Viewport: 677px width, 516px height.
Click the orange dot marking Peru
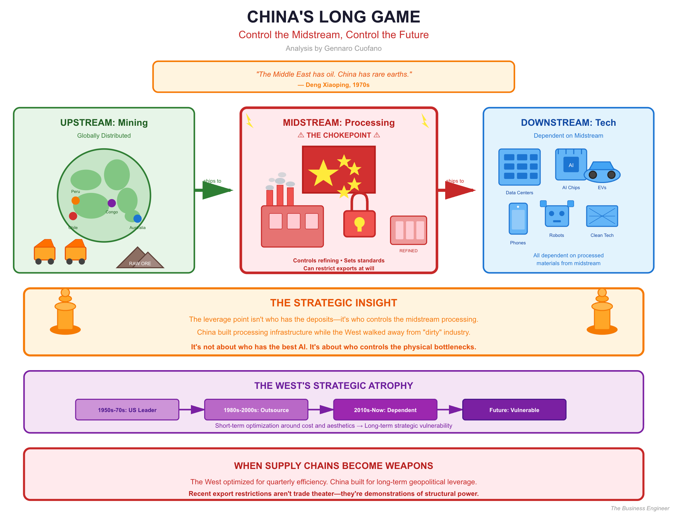(x=76, y=200)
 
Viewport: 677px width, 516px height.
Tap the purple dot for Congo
(x=111, y=203)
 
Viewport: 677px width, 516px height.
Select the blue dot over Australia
(x=137, y=218)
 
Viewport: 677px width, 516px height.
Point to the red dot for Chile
(x=73, y=216)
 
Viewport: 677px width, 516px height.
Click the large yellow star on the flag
(x=322, y=173)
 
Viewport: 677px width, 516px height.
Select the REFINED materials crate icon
(x=408, y=230)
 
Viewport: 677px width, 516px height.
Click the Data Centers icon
(x=519, y=167)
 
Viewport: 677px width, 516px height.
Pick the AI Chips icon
(x=571, y=165)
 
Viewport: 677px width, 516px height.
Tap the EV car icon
(x=602, y=171)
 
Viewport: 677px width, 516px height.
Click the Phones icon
(x=518, y=219)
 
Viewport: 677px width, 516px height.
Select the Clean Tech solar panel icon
(x=602, y=216)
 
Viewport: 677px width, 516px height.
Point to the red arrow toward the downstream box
(x=457, y=190)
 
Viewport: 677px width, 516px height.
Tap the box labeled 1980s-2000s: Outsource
(x=256, y=410)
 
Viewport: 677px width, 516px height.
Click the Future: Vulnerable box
(x=514, y=410)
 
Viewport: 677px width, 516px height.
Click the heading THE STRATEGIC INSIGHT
(x=333, y=303)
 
